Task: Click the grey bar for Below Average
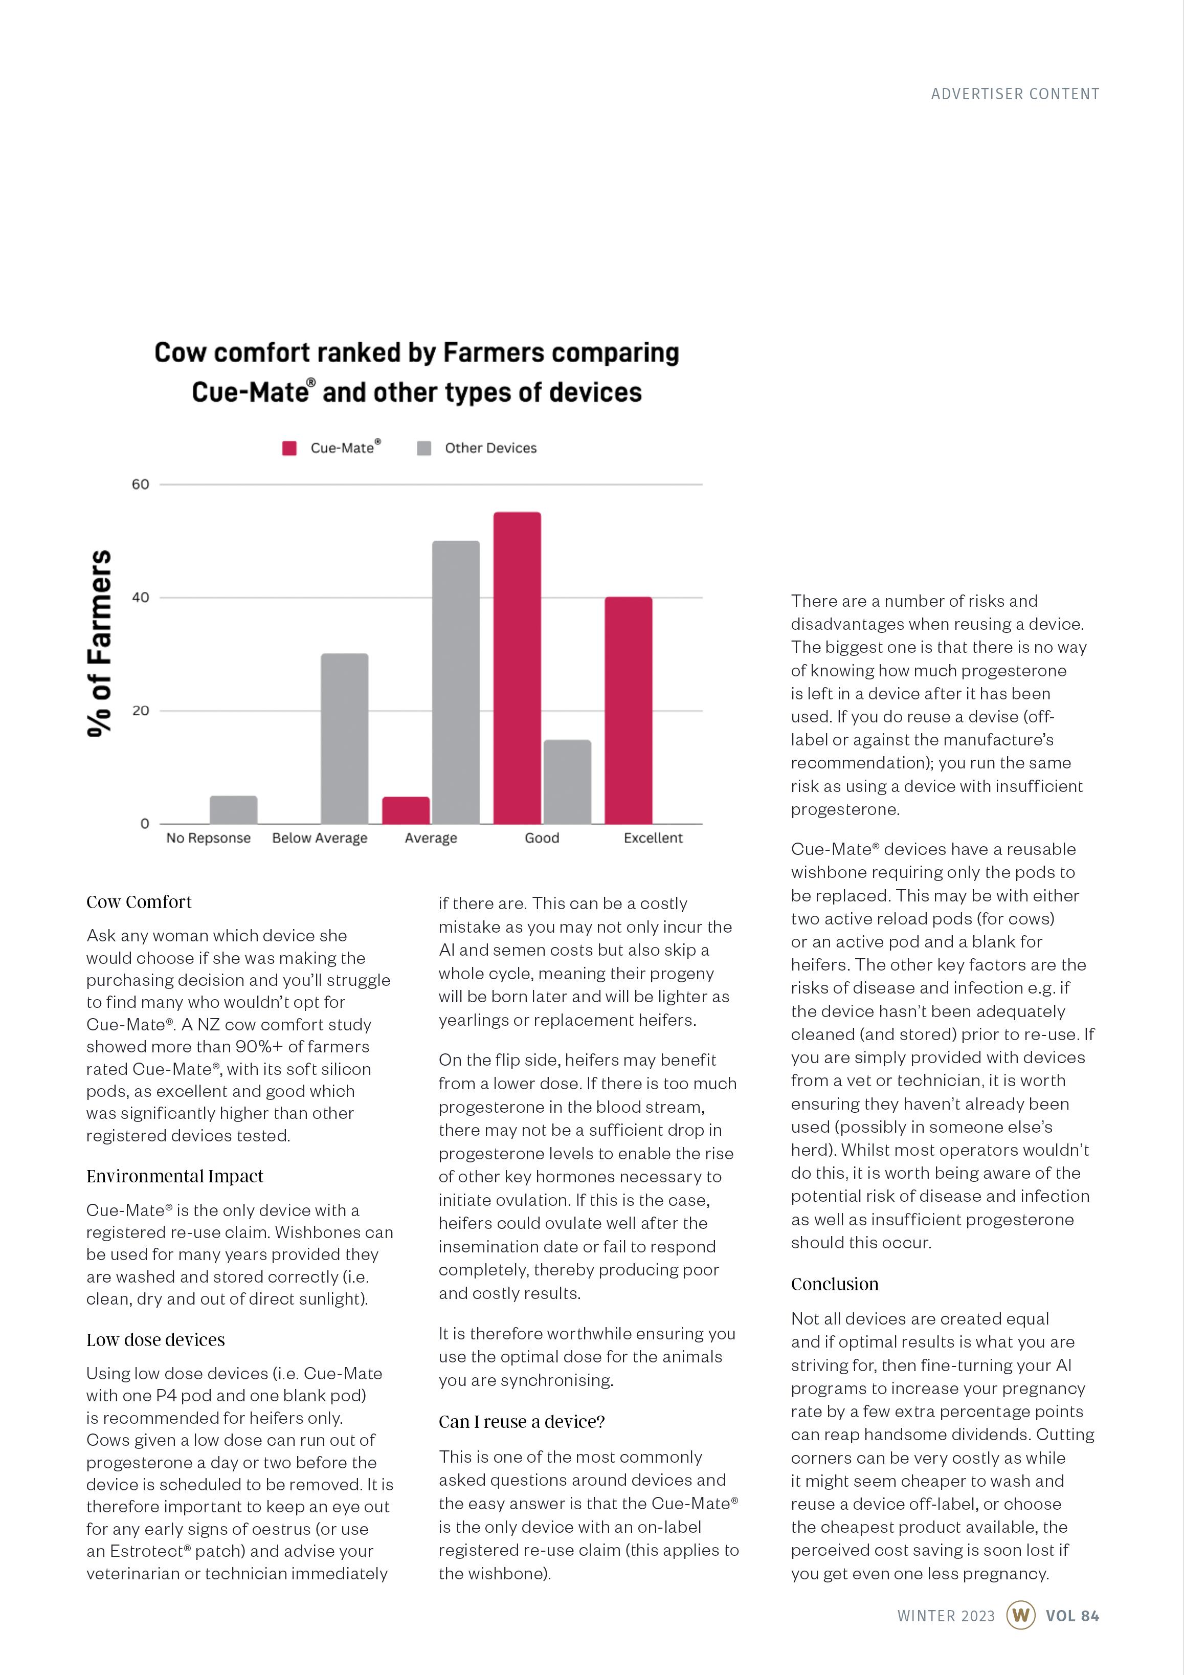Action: click(344, 738)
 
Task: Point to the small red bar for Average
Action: click(406, 810)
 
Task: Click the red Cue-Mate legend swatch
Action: click(289, 448)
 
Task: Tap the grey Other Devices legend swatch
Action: click(424, 448)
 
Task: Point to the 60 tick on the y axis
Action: click(140, 484)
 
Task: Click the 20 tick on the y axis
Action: click(140, 711)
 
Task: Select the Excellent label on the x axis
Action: click(653, 838)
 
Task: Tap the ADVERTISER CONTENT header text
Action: click(1015, 94)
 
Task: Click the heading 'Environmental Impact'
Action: click(174, 1176)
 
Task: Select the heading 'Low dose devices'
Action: click(155, 1339)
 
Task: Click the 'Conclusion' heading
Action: click(835, 1284)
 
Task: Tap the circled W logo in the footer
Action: click(1020, 1615)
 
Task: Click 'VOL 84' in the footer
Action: click(1071, 1616)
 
